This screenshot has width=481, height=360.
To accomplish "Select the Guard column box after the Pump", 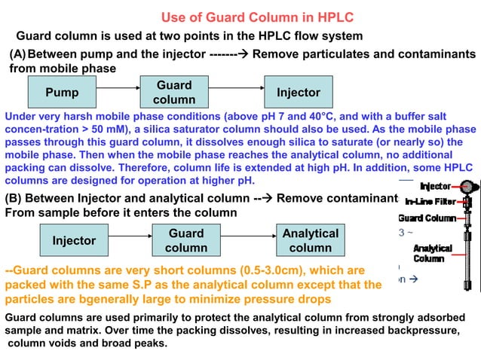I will click(x=174, y=93).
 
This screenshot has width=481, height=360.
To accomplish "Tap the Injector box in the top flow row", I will click(x=299, y=93).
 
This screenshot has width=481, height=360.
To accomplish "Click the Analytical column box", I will click(x=310, y=240).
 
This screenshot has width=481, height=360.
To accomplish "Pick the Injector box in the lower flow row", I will click(x=74, y=240).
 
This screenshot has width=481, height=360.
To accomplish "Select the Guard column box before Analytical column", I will click(x=186, y=240).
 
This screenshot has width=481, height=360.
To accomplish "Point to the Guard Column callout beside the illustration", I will click(x=427, y=218).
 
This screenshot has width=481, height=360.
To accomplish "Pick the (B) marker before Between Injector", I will click(x=17, y=199).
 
